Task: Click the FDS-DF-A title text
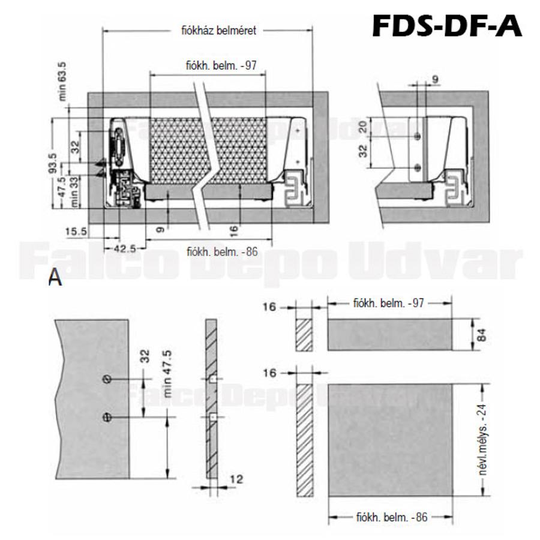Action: point(447,26)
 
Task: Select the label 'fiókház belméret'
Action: point(218,31)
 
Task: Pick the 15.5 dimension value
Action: point(76,231)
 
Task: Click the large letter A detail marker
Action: point(55,278)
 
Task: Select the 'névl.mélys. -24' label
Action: point(481,441)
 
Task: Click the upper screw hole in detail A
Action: point(107,379)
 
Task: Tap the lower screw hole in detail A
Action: point(107,418)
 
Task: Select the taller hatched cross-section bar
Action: point(305,440)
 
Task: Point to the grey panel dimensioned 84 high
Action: point(389,335)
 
